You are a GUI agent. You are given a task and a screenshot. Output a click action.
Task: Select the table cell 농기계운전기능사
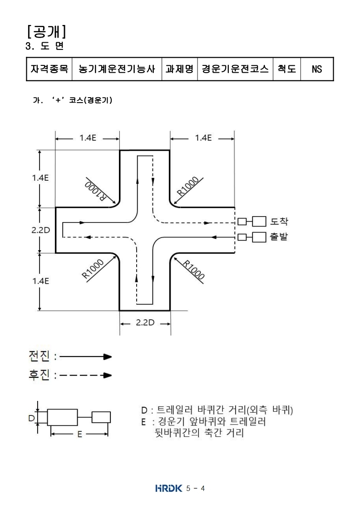[x=117, y=69]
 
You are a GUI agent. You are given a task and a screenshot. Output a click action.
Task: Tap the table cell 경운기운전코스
[x=235, y=69]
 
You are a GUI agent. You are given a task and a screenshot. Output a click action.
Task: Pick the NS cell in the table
[x=316, y=69]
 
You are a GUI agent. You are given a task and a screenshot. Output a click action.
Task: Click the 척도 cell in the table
[x=286, y=69]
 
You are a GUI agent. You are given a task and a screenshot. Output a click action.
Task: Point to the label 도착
[x=279, y=222]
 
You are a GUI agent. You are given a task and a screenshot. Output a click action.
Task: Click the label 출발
[x=279, y=237]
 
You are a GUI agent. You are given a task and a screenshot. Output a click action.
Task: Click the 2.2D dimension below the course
[x=145, y=323]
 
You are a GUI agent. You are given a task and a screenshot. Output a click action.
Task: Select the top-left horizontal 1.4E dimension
[x=88, y=138]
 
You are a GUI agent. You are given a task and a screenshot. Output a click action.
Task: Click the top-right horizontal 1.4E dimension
[x=202, y=138]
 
